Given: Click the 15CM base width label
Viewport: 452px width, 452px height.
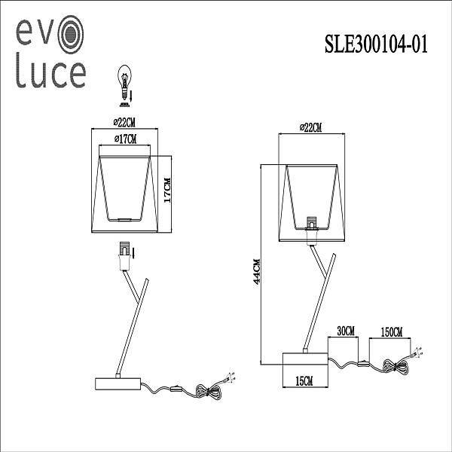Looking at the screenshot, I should (304, 383).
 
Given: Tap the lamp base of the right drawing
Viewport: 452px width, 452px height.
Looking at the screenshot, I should (304, 360).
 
